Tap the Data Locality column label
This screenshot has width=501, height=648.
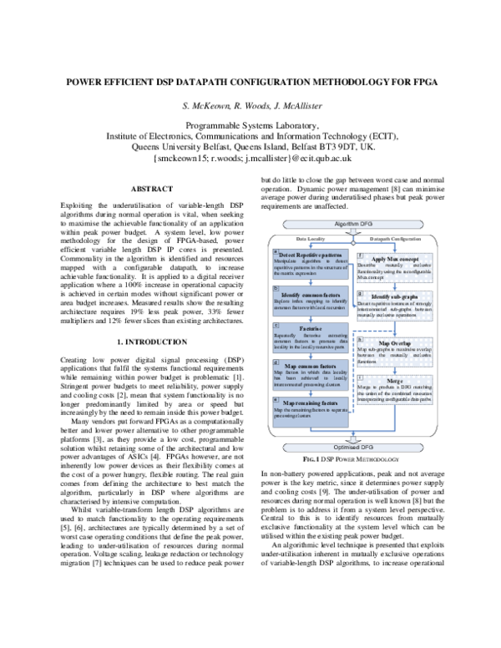click(x=312, y=238)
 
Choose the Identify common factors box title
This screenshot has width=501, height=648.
click(x=312, y=295)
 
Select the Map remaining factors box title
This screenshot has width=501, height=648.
click(x=314, y=402)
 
